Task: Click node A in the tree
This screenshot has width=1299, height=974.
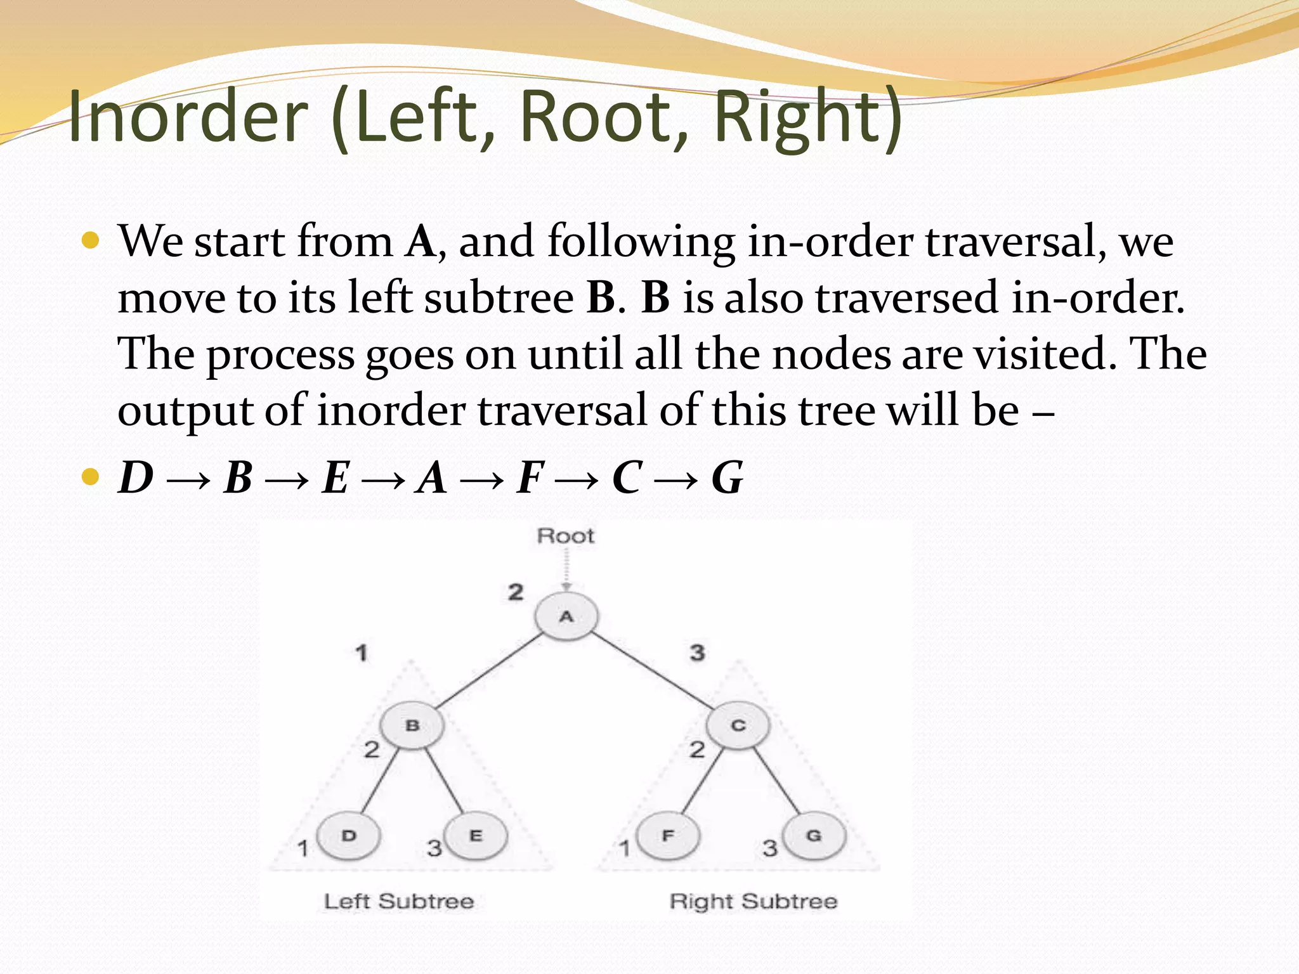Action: click(566, 616)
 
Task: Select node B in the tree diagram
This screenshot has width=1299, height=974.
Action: click(412, 725)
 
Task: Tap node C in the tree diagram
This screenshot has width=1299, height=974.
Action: click(738, 725)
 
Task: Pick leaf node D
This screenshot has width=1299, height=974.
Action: click(348, 836)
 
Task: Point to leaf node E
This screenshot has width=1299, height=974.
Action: click(476, 836)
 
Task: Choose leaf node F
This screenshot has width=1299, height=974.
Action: click(668, 836)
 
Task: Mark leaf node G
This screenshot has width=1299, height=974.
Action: click(814, 836)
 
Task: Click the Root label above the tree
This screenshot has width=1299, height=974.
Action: click(565, 536)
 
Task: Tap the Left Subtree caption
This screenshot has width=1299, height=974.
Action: click(399, 901)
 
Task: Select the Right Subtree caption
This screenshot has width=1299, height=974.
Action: click(754, 901)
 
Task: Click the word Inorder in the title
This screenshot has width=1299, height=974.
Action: click(188, 117)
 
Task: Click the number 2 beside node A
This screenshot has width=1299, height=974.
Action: click(516, 592)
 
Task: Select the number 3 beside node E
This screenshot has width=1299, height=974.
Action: click(434, 848)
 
